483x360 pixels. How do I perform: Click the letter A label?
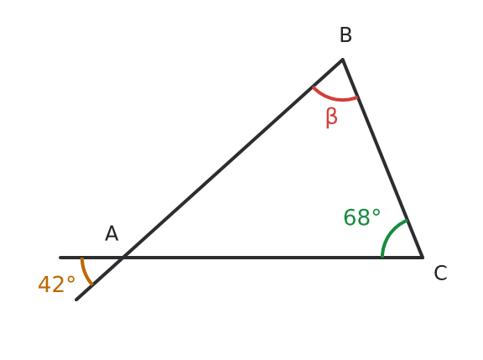112,233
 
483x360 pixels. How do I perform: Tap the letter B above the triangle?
345,35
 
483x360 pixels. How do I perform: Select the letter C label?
440,273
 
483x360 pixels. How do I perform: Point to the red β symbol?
331,117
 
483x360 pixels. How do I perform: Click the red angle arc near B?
335,98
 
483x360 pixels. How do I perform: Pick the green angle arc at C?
390,232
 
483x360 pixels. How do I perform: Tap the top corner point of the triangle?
342,59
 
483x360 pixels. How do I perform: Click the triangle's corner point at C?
423,257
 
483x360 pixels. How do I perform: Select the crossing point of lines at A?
123,257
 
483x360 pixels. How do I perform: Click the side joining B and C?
382,158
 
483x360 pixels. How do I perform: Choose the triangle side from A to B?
233,158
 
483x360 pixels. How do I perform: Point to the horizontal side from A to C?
273,257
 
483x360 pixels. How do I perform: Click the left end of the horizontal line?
60,257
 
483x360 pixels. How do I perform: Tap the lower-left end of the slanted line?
76,300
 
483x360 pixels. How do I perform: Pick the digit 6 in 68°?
350,217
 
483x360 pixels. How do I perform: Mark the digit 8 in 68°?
362,217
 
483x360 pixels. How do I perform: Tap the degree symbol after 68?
377,213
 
